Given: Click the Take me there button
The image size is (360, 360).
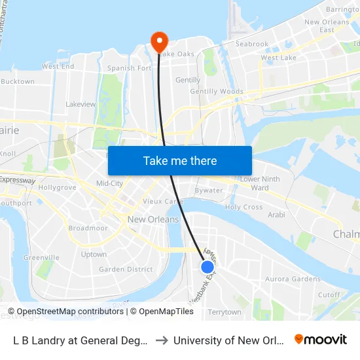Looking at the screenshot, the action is (180, 161).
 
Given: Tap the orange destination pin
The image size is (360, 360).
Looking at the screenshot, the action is (159, 42).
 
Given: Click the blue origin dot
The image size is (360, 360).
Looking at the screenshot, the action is (207, 266).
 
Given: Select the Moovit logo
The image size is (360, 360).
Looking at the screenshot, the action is (321, 340).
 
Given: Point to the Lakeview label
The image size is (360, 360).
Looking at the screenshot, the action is (81, 104).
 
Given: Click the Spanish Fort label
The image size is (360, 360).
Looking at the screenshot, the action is (130, 68).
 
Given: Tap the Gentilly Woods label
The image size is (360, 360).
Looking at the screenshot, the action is (217, 92).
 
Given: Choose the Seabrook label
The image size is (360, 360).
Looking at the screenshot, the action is (252, 44).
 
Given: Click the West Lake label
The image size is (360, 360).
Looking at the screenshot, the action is (278, 58).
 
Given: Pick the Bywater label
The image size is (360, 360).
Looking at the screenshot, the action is (209, 190).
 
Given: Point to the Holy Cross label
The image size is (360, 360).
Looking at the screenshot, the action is (243, 207).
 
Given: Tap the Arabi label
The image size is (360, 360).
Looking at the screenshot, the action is (276, 214).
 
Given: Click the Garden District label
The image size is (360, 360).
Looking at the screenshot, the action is (126, 269).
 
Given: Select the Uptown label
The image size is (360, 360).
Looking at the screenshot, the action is (94, 255).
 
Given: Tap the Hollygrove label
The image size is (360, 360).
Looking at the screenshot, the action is (57, 187).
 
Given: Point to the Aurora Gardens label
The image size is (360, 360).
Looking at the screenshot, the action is (293, 279).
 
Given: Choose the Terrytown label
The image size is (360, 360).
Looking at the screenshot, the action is (224, 312).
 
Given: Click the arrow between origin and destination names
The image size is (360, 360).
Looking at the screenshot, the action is (161, 340).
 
